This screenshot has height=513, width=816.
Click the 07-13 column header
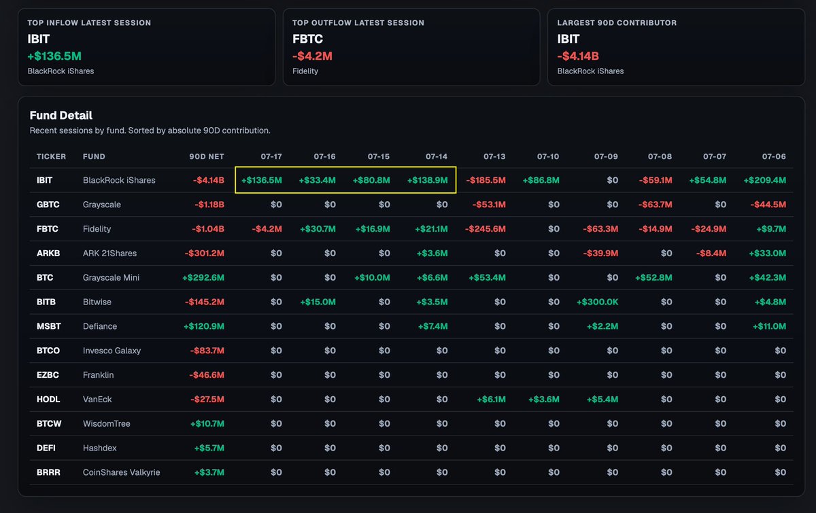point(494,156)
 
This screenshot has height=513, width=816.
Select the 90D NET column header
point(207,156)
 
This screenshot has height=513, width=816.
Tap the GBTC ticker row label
point(48,205)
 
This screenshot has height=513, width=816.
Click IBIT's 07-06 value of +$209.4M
point(764,180)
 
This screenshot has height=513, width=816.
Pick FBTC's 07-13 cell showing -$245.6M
point(486,229)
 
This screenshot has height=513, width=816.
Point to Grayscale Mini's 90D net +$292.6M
point(203,278)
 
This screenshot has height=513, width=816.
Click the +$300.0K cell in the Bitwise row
point(598,302)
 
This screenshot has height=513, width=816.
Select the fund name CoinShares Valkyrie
point(121,473)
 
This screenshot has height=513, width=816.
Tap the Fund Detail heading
point(61,116)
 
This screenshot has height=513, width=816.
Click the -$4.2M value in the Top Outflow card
point(312,56)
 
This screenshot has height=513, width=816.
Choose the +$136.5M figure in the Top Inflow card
point(54,56)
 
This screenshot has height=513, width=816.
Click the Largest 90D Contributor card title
point(617,22)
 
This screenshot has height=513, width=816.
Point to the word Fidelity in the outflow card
point(305,71)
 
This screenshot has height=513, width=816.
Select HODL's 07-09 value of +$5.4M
point(602,400)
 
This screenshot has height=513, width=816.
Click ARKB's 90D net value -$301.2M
point(205,253)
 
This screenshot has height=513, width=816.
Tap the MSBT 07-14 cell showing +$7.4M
point(432,326)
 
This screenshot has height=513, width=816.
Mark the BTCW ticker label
point(49,424)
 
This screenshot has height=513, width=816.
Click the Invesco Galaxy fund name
point(112,351)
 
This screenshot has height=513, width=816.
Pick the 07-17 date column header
point(271,156)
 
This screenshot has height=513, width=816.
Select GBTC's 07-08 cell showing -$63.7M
point(655,205)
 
